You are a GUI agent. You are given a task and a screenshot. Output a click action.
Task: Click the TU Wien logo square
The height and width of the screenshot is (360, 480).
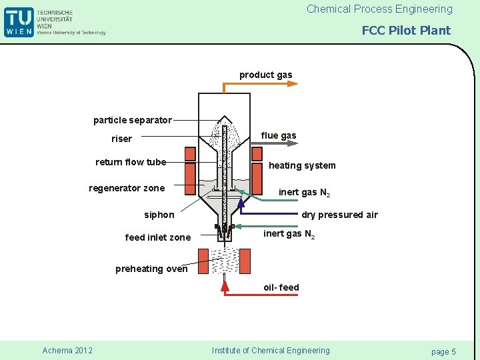[x=18, y=21]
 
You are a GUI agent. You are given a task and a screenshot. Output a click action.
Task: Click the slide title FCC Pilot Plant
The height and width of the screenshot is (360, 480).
[x=406, y=30]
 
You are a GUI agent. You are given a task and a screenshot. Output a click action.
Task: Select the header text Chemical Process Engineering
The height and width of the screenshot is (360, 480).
[x=379, y=9]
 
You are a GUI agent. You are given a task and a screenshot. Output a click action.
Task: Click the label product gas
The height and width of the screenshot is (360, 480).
[x=265, y=75]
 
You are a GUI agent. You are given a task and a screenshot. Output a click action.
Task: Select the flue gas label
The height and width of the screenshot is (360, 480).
[x=279, y=135]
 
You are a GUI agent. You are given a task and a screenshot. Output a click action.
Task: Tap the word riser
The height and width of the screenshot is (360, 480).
[x=121, y=139]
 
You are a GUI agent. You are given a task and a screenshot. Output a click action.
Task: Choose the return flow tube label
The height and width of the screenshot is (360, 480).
[x=131, y=162]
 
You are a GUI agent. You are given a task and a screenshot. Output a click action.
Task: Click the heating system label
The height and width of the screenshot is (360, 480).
[x=302, y=165]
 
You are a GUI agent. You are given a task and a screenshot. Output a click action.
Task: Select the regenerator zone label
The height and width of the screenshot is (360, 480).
[x=127, y=188]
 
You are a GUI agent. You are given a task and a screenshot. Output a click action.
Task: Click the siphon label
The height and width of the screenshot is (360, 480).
[x=159, y=215]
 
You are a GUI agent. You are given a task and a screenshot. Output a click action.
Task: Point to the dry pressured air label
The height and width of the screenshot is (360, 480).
[x=339, y=215]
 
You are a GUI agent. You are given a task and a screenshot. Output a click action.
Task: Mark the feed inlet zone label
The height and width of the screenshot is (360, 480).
[x=158, y=237]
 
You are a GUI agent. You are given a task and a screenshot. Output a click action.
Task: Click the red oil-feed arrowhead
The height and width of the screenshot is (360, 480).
[x=225, y=285]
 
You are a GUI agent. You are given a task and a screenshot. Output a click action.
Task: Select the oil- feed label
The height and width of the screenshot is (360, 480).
[x=281, y=287]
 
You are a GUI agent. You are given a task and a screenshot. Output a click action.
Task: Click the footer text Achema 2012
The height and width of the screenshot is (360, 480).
[x=67, y=351]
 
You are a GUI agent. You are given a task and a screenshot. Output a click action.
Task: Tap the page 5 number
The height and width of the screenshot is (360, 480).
[x=443, y=351]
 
